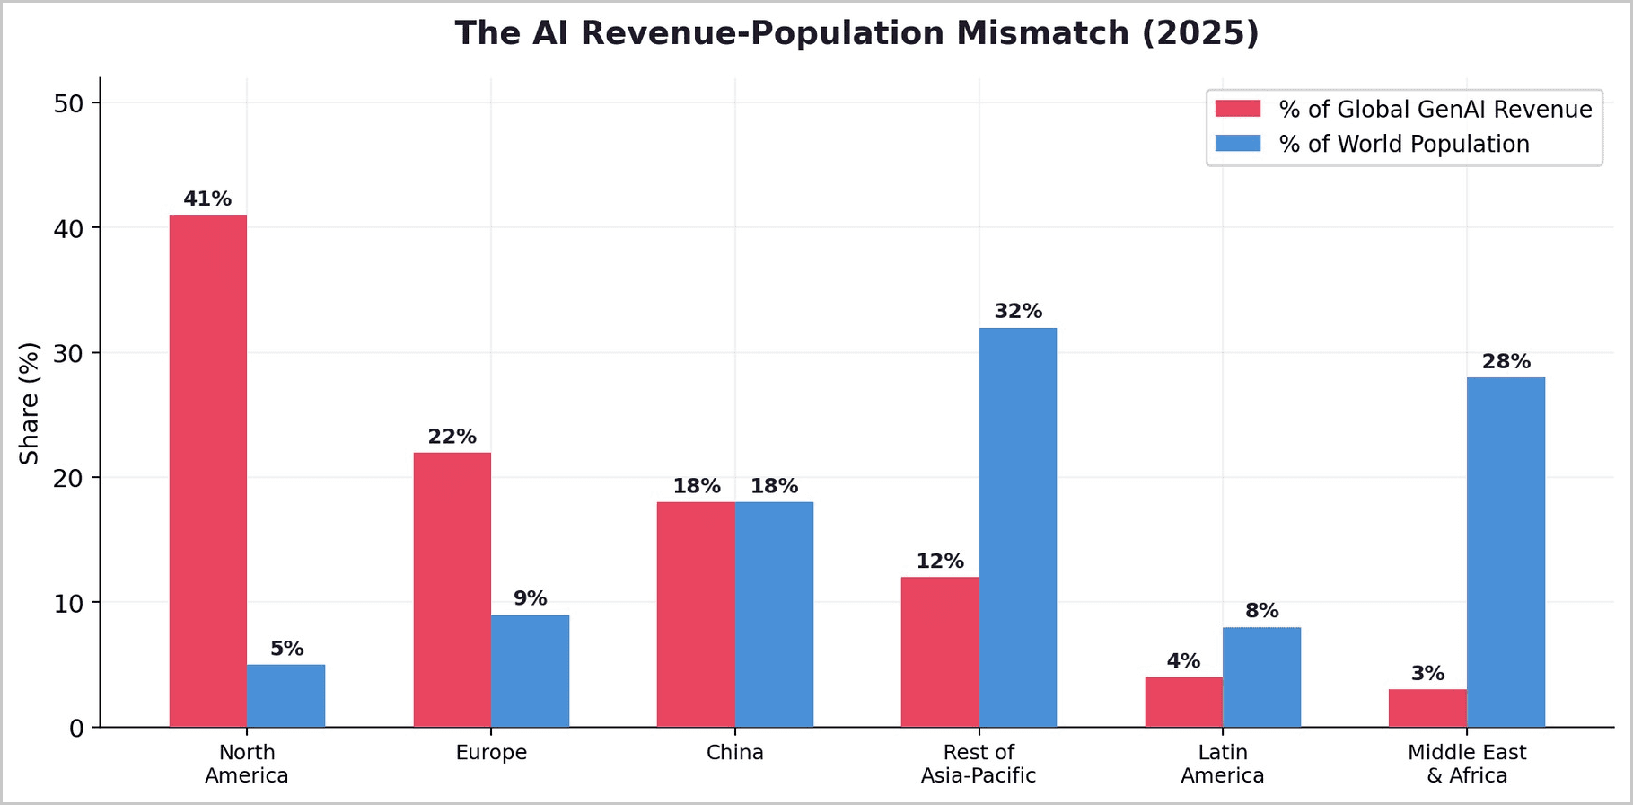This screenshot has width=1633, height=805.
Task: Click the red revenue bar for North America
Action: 208,471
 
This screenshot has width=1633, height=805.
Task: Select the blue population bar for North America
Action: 286,695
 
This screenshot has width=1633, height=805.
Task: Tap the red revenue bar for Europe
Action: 452,589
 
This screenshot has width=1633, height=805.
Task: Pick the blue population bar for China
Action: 774,615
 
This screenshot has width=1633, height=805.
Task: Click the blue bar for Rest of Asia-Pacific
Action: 1018,527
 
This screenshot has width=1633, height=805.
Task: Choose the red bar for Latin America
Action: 1184,702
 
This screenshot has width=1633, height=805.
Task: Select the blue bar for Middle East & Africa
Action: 1506,552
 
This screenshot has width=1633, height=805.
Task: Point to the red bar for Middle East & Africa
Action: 1427,708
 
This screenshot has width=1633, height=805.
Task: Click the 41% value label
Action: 207,199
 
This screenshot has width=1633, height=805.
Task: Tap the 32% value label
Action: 1018,311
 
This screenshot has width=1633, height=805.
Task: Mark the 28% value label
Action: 1506,361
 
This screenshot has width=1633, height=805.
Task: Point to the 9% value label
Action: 531,598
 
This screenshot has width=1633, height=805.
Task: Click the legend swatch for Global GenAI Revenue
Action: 1238,109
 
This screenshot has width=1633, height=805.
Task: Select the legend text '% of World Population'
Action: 1404,144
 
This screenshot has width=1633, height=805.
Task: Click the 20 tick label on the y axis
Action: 68,478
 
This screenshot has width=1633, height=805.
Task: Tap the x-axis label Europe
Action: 491,752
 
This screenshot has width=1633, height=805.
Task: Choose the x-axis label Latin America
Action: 1223,764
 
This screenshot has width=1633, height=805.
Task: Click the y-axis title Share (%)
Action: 30,403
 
